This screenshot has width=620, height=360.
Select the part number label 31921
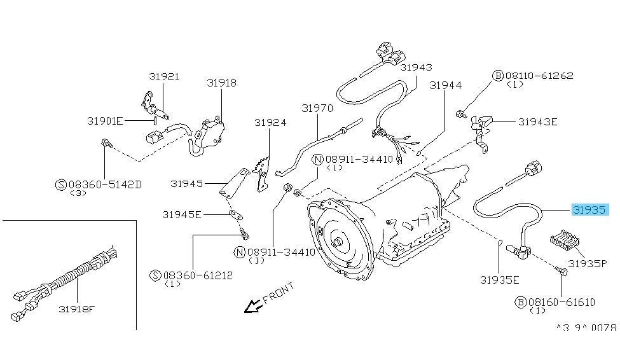pos(164,76)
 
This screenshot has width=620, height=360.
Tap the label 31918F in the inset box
pos(77,310)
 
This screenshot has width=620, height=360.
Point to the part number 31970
pos(317,109)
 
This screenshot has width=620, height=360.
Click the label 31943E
pos(537,121)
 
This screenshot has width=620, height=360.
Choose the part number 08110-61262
pos(539,75)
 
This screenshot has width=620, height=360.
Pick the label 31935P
pos(588,263)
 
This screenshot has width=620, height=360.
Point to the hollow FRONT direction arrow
pos(254,308)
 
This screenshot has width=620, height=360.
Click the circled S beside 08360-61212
pos(155,275)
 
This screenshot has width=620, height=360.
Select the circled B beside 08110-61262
pos(498,76)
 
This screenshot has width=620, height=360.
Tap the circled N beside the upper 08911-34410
pos(317,159)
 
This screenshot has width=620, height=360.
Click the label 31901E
pos(105,120)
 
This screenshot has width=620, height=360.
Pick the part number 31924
pos(270,123)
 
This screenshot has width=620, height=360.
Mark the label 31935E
pos(500,279)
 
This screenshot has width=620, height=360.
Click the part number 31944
pos(445,85)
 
